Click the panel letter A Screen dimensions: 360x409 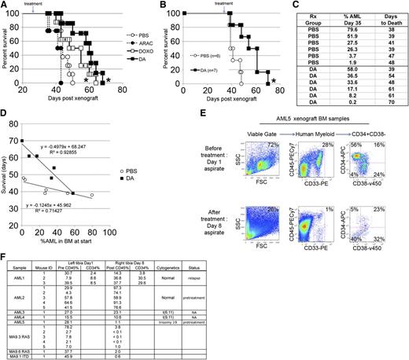coord(5,6)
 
